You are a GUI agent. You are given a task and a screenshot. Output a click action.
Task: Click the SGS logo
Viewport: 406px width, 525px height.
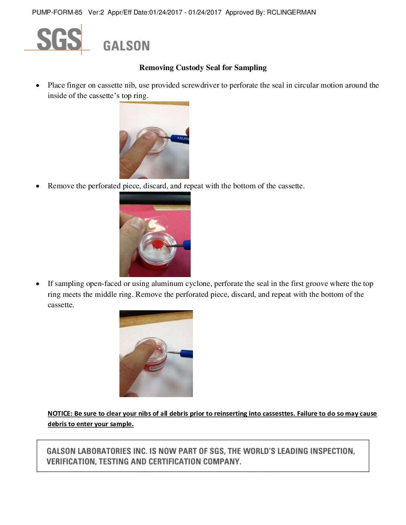coord(59,40)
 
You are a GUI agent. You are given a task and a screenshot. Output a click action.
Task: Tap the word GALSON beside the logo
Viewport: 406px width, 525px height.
coord(126,46)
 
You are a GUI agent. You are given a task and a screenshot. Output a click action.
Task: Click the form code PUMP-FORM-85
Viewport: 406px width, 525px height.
coord(57,12)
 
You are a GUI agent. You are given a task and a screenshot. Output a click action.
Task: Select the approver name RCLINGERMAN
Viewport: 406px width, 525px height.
coord(291,12)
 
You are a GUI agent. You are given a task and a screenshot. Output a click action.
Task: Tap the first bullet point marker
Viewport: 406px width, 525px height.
coord(38,85)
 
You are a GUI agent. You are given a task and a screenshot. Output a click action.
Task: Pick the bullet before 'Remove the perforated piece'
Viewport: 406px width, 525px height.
coord(38,186)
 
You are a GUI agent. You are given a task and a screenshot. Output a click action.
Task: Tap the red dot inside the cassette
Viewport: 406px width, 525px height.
coord(157,244)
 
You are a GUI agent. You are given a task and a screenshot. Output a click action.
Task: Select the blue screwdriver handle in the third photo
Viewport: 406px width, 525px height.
coord(187,353)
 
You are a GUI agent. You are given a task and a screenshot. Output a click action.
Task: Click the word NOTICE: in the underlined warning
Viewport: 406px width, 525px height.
coord(60,414)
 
